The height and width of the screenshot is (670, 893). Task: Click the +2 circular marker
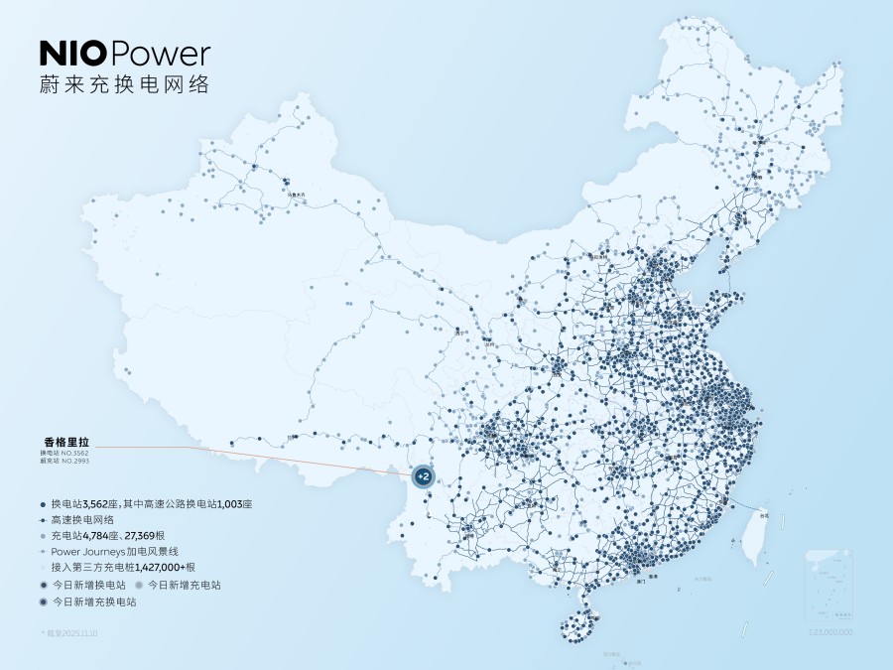pos(423,477)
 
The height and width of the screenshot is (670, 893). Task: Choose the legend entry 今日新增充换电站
pos(93,602)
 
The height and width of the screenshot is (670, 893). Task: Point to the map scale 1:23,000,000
pos(829,632)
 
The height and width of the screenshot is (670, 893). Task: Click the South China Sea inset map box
pos(829,586)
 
